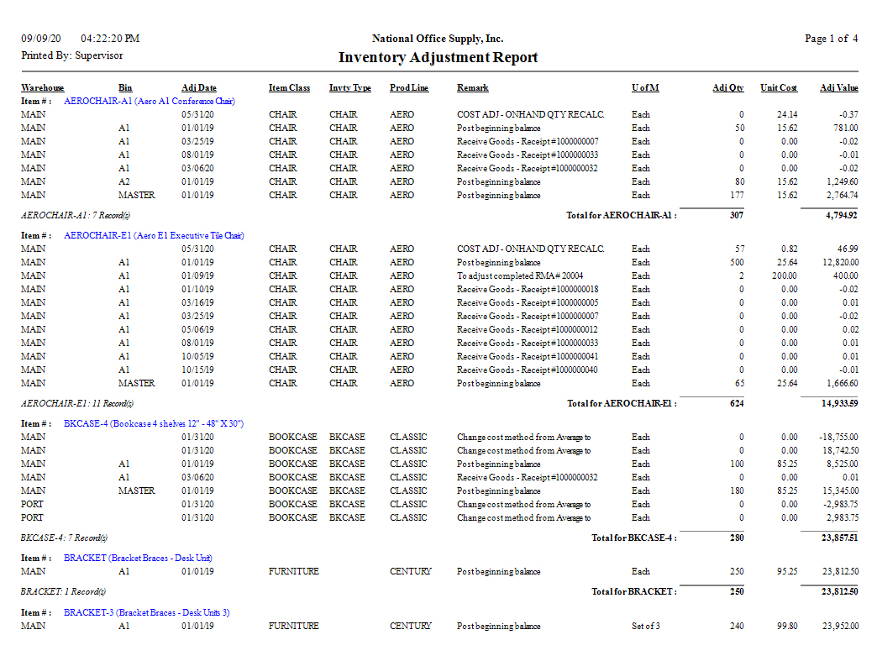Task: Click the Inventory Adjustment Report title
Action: click(x=438, y=58)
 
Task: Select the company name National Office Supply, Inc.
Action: click(x=438, y=39)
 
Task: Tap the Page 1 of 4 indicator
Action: click(x=831, y=39)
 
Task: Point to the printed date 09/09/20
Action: click(x=41, y=39)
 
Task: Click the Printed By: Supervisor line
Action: click(x=72, y=55)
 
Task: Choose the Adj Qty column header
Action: click(x=728, y=88)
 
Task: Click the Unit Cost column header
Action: click(x=779, y=88)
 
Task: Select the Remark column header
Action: click(x=472, y=88)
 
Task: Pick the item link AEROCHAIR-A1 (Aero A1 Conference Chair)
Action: click(x=150, y=101)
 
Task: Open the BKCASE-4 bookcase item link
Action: click(x=154, y=423)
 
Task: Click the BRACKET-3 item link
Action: click(x=146, y=612)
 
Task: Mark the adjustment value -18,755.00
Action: click(x=838, y=437)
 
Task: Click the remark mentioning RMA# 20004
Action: click(x=520, y=275)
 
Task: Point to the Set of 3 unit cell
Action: click(x=646, y=626)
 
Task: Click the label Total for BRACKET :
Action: click(x=633, y=591)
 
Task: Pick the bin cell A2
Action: click(x=124, y=181)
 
